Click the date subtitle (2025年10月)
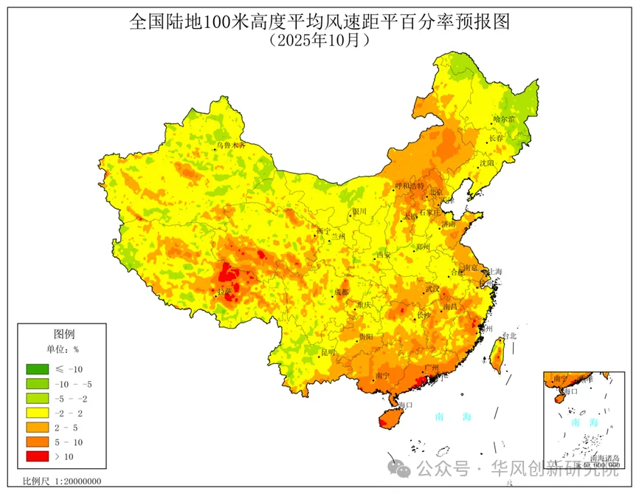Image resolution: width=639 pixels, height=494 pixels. click(319, 40)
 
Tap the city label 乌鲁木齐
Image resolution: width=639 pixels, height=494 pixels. click(229, 146)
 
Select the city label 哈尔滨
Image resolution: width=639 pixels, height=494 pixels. click(505, 118)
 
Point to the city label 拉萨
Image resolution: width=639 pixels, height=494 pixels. click(224, 292)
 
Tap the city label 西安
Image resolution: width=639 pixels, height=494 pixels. click(384, 255)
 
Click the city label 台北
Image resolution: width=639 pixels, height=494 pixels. click(509, 335)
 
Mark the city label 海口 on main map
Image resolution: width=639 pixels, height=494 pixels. click(405, 405)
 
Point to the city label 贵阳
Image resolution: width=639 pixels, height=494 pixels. click(367, 336)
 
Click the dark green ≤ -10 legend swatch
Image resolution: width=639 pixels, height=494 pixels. click(36, 369)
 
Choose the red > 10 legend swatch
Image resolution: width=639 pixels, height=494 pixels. click(36, 458)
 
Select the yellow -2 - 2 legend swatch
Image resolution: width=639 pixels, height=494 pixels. click(36, 414)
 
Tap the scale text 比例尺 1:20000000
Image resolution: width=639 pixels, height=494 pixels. click(62, 481)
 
